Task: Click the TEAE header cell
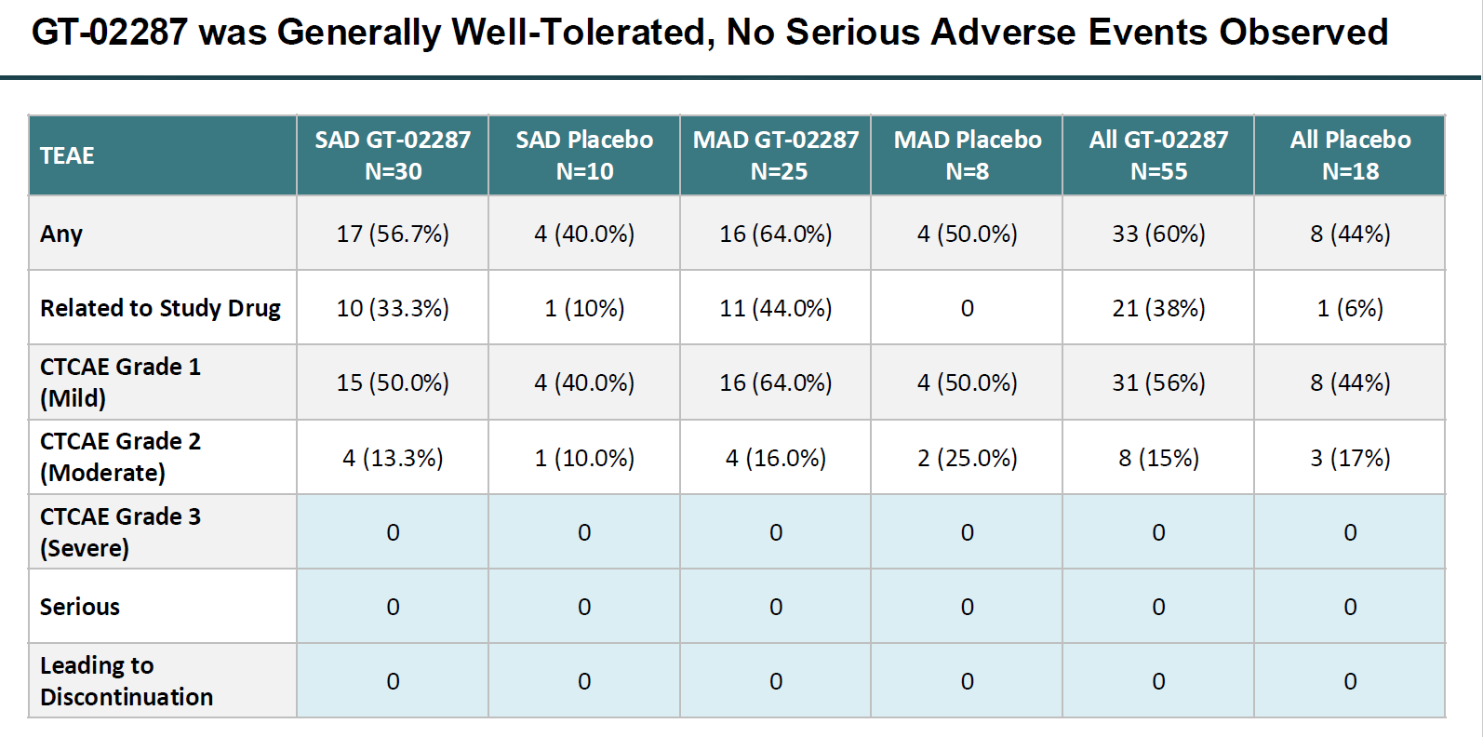[67, 155]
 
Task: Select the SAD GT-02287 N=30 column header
[393, 155]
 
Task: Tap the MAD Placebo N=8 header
[968, 155]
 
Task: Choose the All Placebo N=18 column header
[1350, 155]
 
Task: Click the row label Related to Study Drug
[160, 308]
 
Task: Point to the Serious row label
[80, 607]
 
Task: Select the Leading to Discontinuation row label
[127, 681]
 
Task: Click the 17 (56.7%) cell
[393, 234]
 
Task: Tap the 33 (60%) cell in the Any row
[1158, 234]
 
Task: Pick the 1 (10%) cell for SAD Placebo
[584, 308]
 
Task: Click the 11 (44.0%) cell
[776, 308]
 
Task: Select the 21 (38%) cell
[1158, 308]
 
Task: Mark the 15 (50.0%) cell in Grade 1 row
[393, 382]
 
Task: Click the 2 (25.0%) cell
[968, 458]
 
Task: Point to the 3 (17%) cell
[1350, 458]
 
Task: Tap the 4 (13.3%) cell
[393, 458]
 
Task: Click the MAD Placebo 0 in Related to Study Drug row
[968, 308]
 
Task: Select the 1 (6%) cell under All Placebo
[1350, 308]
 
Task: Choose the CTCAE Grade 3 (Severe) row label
[120, 532]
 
